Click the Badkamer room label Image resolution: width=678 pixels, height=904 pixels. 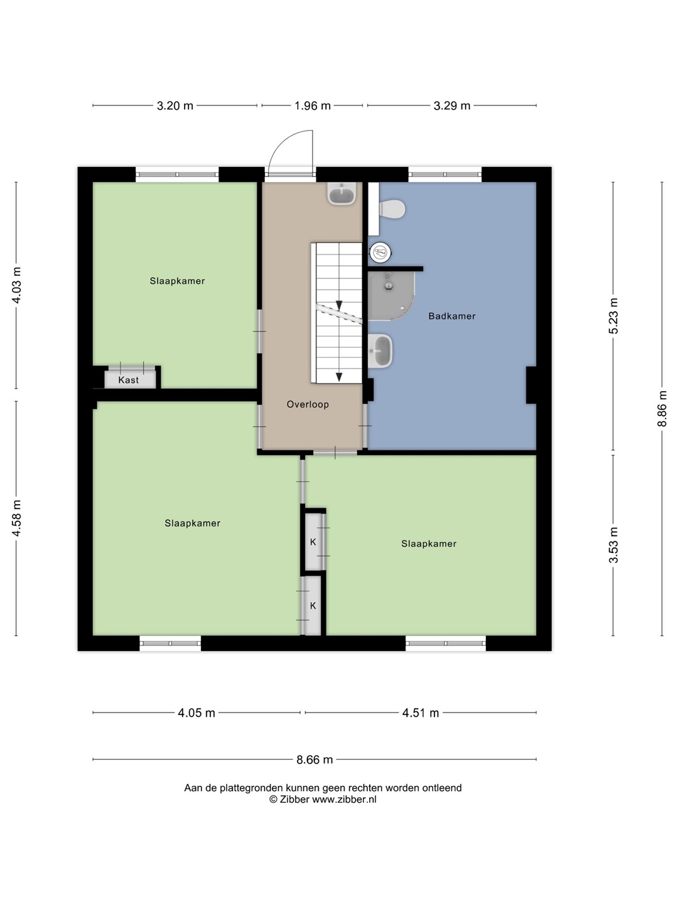pos(451,316)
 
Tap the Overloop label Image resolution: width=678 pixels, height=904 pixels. pos(308,404)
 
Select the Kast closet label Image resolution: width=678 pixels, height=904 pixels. pos(129,380)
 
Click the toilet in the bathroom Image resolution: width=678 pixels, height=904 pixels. pos(392,209)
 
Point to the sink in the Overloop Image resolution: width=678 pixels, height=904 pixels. pos(342,193)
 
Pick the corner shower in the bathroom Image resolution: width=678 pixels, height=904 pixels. pos(390,296)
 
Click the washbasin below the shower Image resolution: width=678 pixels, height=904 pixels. pos(380,351)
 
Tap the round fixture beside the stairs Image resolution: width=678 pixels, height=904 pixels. pos(380,252)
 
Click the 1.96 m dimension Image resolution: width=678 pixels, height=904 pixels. pos(313,106)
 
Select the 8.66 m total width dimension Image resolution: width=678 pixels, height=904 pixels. pos(315,759)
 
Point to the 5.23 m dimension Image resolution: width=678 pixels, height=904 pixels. pos(613,316)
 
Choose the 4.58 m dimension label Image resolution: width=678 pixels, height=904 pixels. pos(16,518)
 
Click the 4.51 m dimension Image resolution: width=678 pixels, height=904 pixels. pos(421,713)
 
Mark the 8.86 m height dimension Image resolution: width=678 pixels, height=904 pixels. pos(662,409)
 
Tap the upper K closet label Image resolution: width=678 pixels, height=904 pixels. pos(313,542)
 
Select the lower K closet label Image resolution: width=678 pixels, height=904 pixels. pos(313,606)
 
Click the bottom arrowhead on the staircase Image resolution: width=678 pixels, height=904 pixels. pos(339,377)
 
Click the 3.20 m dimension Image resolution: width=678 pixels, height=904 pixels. pos(175,106)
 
